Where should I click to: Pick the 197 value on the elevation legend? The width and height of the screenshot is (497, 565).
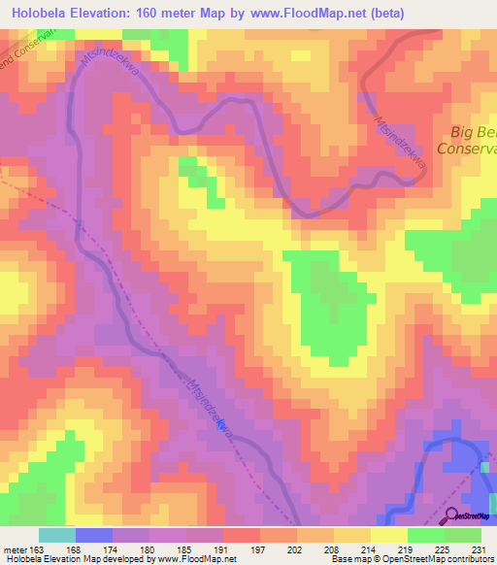257,549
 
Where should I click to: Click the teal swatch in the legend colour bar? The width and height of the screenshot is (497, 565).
56,535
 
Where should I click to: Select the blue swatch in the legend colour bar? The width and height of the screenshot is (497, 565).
93,535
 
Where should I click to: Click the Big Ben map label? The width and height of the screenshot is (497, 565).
474,133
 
